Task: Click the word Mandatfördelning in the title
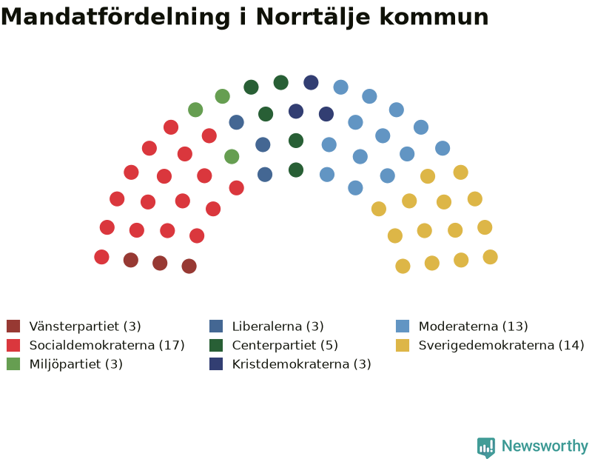pyautogui.click(x=115, y=16)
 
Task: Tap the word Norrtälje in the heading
pyautogui.click(x=313, y=18)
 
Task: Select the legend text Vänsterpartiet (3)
pyautogui.click(x=85, y=326)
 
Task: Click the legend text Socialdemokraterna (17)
pyautogui.click(x=107, y=345)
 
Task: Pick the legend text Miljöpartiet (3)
pyautogui.click(x=76, y=363)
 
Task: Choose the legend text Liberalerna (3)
pyautogui.click(x=278, y=326)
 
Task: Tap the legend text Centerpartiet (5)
pyautogui.click(x=285, y=345)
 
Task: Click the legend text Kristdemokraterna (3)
pyautogui.click(x=302, y=363)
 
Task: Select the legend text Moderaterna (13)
pyautogui.click(x=473, y=326)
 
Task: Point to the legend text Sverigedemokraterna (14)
pyautogui.click(x=502, y=345)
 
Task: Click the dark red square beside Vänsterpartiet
pyautogui.click(x=13, y=326)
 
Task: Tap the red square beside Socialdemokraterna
pyautogui.click(x=13, y=345)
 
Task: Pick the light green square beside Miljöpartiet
pyautogui.click(x=13, y=363)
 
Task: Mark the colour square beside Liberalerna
pyautogui.click(x=216, y=326)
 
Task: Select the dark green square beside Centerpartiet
pyautogui.click(x=216, y=345)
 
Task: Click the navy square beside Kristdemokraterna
pyautogui.click(x=216, y=363)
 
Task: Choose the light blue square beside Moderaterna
pyautogui.click(x=403, y=326)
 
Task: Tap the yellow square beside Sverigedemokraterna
pyautogui.click(x=403, y=345)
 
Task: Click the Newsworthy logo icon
pyautogui.click(x=486, y=447)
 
